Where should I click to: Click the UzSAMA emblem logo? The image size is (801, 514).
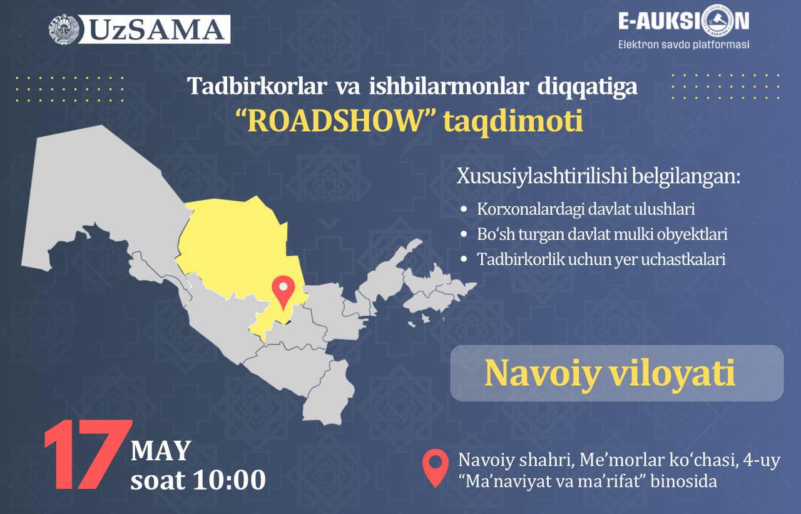[64, 29]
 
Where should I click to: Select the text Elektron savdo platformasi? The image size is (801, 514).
[684, 44]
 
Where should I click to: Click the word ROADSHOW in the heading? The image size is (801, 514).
[335, 121]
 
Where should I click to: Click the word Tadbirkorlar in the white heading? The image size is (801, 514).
[257, 86]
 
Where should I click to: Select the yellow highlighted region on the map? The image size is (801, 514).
[236, 250]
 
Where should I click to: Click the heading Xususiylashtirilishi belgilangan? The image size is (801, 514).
[598, 177]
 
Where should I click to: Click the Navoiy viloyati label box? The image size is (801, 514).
[617, 373]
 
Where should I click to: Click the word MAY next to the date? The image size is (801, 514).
[161, 451]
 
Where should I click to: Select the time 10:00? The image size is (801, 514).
[230, 480]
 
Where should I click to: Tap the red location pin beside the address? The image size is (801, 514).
[435, 468]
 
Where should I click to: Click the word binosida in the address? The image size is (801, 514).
[683, 481]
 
